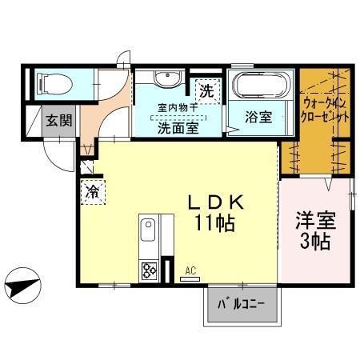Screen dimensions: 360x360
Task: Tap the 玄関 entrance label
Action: [55, 121]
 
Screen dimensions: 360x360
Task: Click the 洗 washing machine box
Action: [206, 90]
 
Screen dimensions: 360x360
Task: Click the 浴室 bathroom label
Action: [258, 117]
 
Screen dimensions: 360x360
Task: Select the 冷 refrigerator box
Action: [92, 192]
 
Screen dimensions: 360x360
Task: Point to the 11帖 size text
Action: [212, 224]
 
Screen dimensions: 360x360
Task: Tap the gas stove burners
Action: [149, 270]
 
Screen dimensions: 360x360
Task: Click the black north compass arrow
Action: [22, 283]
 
